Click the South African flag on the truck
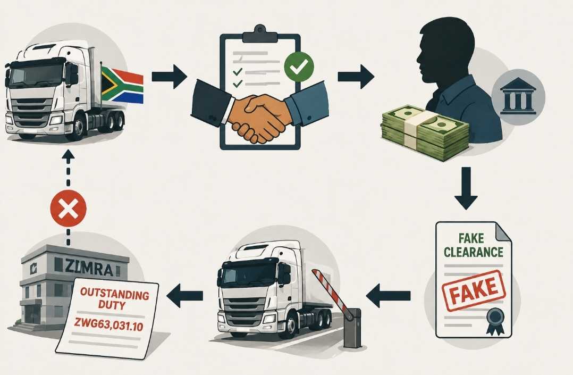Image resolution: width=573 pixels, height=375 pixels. coord(122,85)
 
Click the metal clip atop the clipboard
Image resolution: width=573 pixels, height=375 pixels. coord(260,34)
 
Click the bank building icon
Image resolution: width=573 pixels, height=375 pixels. coord(518,96)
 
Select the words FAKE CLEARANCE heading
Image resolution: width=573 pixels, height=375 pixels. coord(474,245)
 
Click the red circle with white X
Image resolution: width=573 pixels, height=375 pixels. coord(69,209)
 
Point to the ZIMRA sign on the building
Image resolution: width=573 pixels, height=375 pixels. coord(89,268)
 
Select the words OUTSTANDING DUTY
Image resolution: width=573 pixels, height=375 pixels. coord(114,298)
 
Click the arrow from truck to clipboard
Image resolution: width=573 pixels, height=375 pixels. coord(169,77)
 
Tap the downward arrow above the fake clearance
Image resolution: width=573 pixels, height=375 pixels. coord(466,188)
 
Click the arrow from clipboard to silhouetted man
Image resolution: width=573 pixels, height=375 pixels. coord(356,77)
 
